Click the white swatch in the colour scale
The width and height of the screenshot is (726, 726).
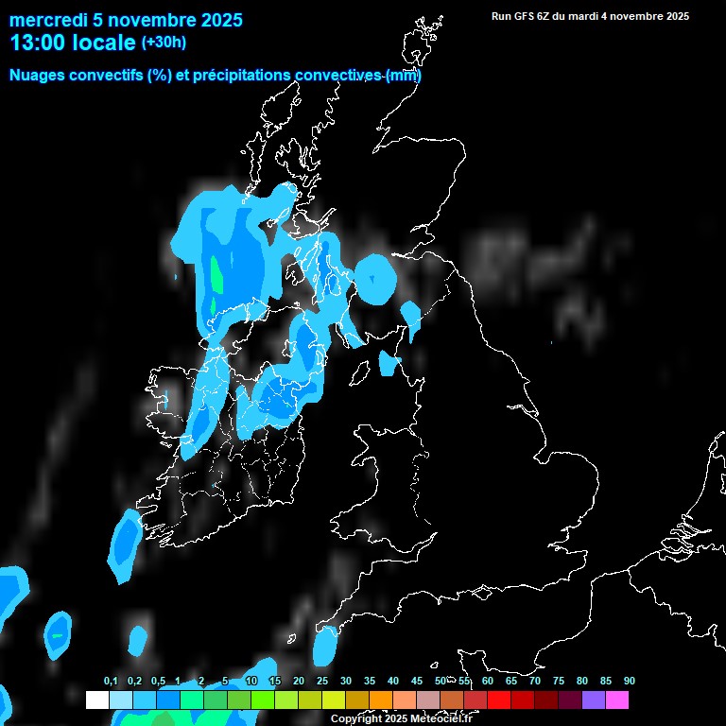96,700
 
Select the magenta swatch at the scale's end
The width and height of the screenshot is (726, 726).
617,700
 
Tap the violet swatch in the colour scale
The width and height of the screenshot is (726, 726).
594,700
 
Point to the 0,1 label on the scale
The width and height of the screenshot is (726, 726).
111,682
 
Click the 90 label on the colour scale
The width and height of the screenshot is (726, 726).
630,682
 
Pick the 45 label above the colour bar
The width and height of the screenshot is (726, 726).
417,682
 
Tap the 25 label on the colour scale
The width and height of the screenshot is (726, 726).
322,682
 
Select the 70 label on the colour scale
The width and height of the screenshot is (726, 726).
535,682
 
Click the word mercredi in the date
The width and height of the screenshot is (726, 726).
47,20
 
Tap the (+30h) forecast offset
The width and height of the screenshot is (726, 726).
164,43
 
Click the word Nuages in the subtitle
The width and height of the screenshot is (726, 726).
36,76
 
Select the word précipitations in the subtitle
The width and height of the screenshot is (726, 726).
241,76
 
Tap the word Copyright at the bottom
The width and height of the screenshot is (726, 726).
356,719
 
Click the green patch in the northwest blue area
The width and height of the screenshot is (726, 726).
216,275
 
